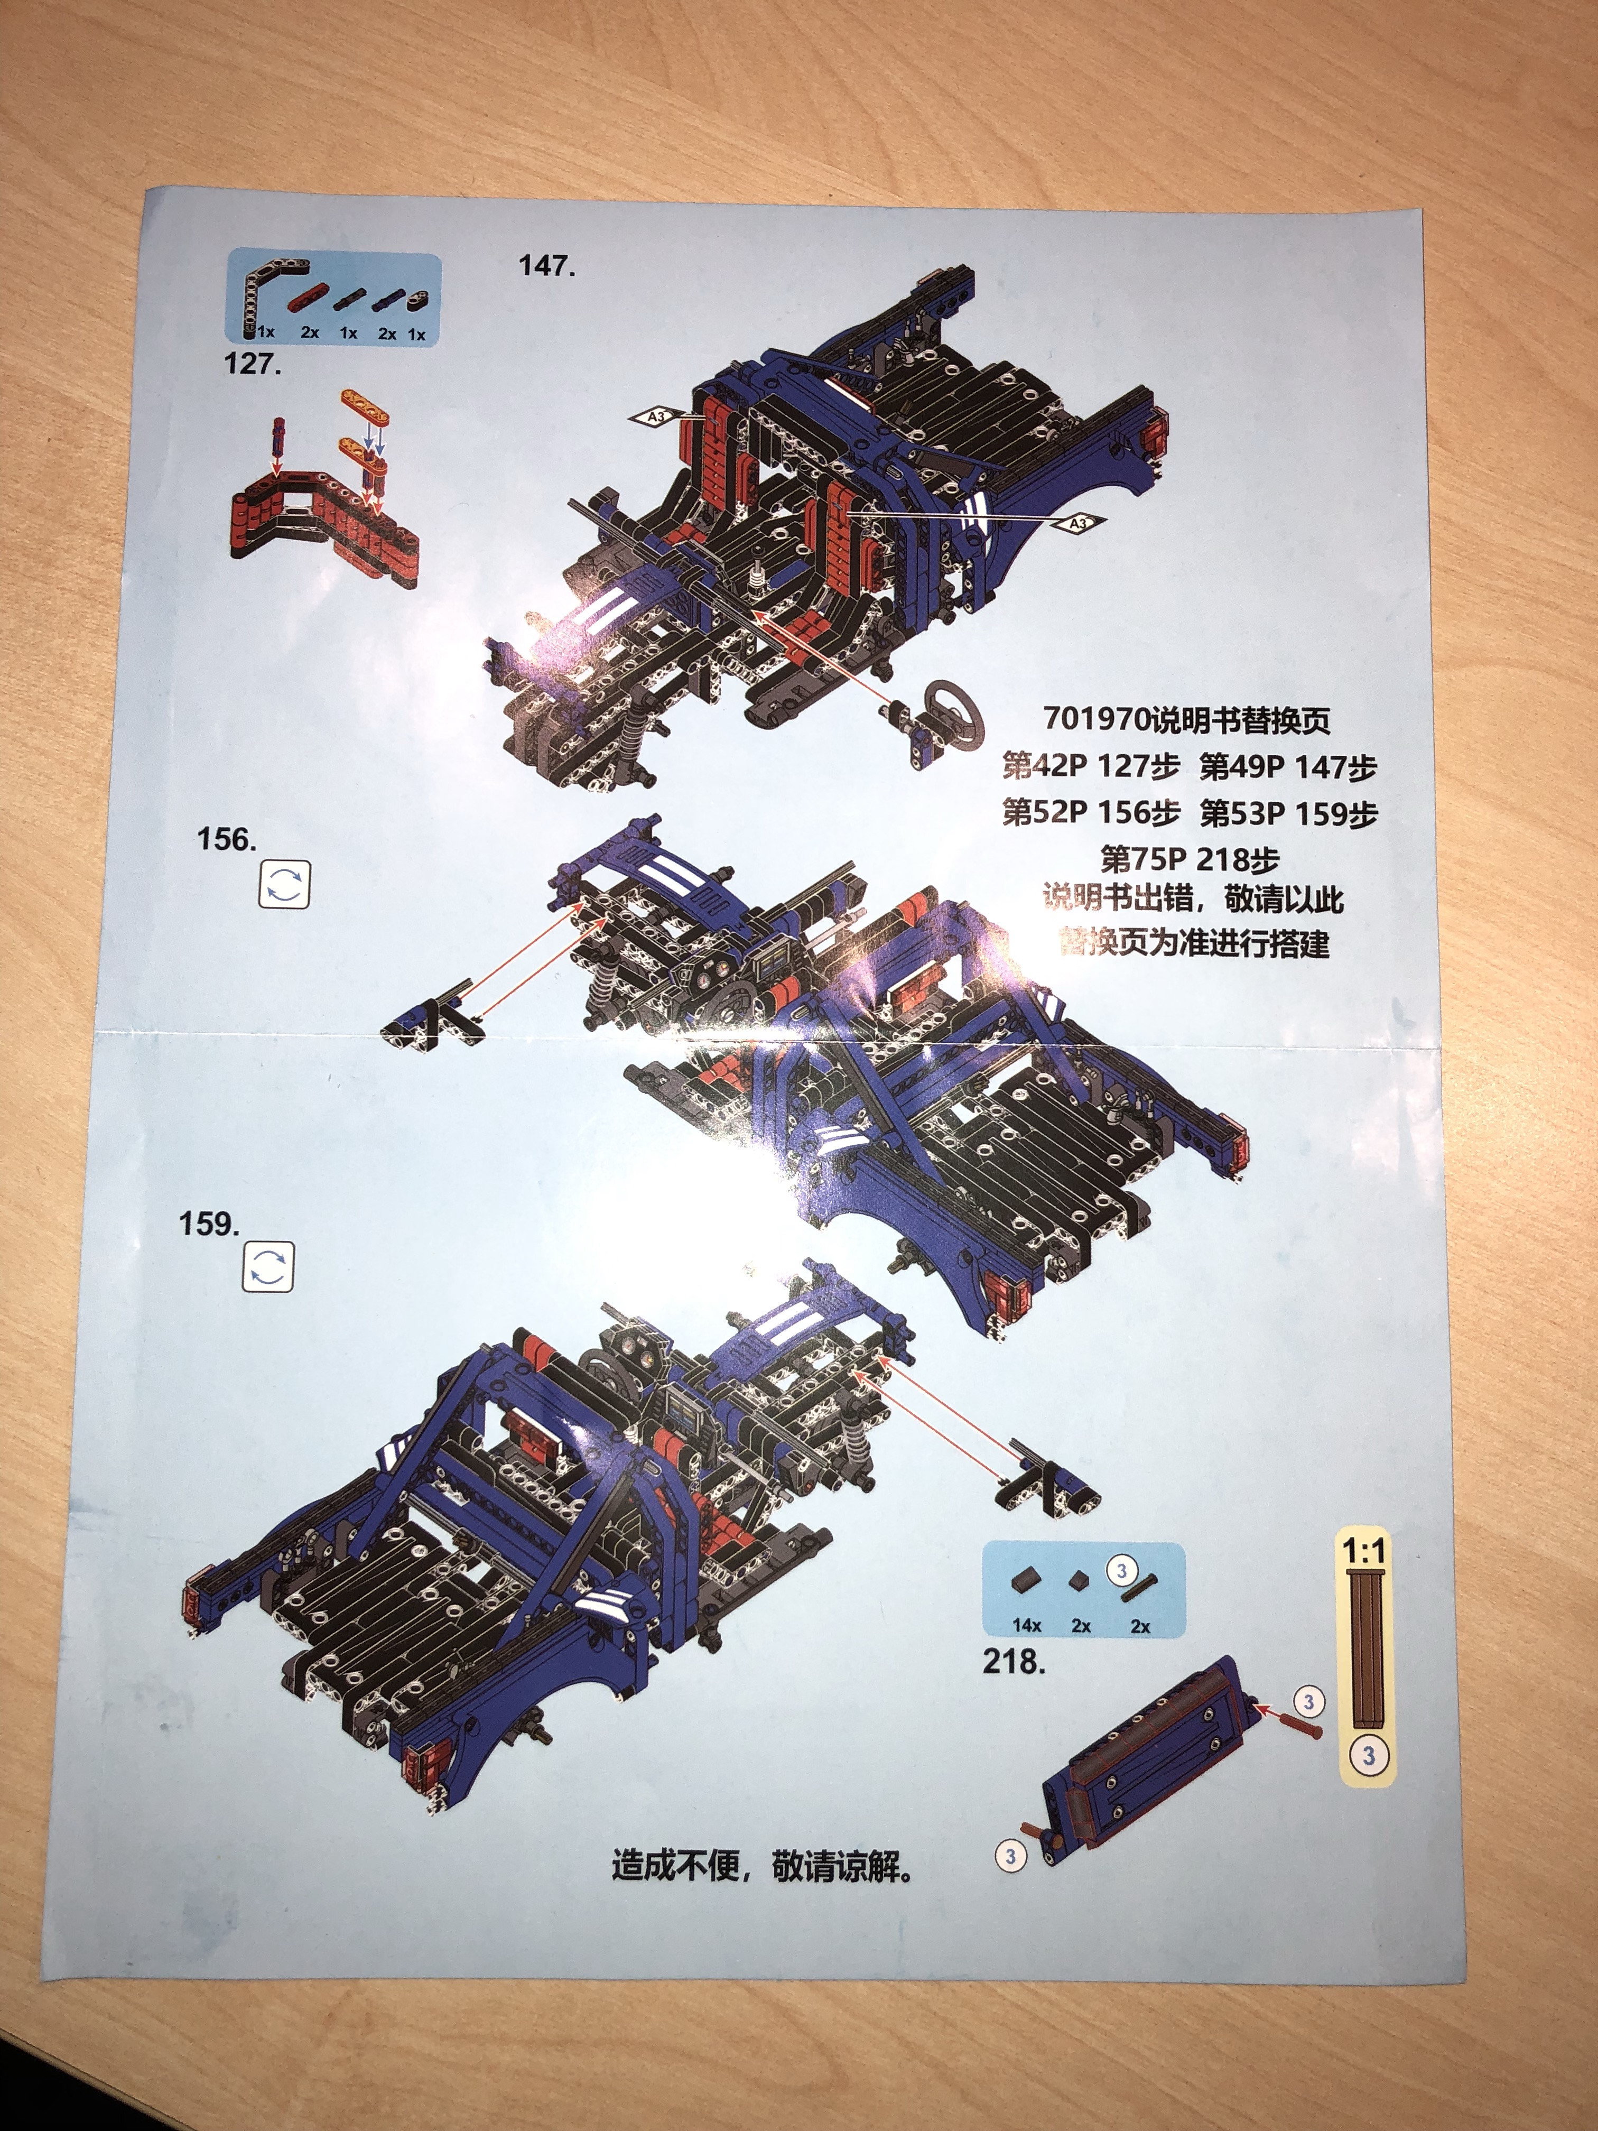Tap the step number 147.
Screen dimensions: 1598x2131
click(x=547, y=266)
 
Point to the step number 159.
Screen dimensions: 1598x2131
click(x=209, y=1225)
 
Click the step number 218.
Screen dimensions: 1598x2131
click(x=1014, y=1662)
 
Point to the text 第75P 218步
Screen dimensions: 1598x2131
click(x=1191, y=858)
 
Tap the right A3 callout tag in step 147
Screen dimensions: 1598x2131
click(x=1080, y=523)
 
